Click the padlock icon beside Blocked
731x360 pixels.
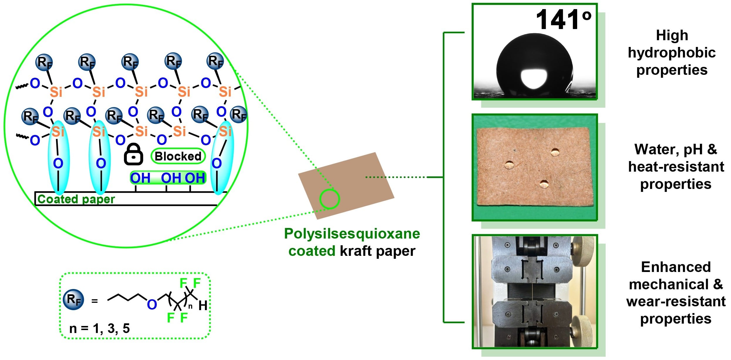[x=133, y=154]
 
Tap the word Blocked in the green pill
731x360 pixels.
[x=178, y=156]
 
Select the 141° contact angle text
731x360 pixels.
[x=563, y=20]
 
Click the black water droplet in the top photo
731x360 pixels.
[x=534, y=66]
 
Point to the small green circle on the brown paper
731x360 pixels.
[x=329, y=199]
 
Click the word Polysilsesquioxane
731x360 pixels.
[x=352, y=234]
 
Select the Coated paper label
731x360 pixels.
[x=76, y=199]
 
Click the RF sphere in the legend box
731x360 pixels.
[x=74, y=300]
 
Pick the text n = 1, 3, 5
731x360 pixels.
[x=99, y=328]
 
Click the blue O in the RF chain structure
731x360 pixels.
[x=152, y=305]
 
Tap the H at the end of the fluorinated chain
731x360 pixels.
[x=203, y=306]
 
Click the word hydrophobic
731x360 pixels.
[x=672, y=53]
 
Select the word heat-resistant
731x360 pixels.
[x=676, y=167]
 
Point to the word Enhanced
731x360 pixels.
[x=676, y=267]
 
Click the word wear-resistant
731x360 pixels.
[x=676, y=301]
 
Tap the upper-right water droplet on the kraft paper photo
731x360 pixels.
[x=555, y=152]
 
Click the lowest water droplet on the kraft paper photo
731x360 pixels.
[x=544, y=184]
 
